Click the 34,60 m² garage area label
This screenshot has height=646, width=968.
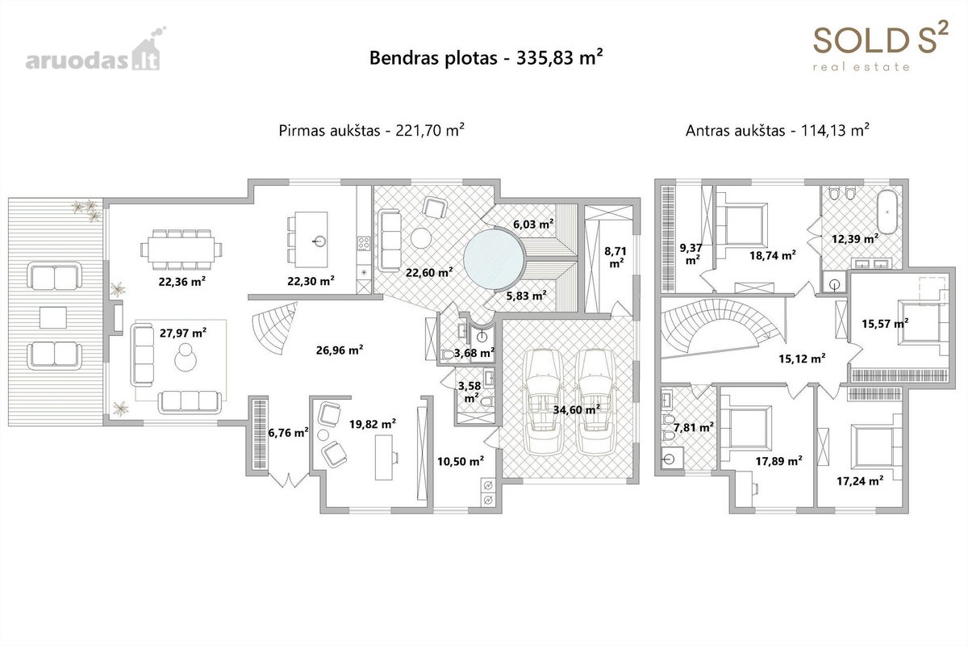click(577, 409)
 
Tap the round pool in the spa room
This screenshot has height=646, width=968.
click(494, 259)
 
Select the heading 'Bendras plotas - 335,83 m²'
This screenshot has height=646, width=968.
click(486, 57)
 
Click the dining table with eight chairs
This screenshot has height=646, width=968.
click(181, 250)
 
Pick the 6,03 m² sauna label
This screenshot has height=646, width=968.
click(533, 224)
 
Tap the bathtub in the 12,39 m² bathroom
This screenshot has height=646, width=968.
click(887, 212)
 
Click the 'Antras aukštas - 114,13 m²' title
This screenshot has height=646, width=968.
click(778, 130)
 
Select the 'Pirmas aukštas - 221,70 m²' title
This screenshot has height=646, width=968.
click(372, 130)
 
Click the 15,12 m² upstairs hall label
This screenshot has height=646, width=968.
click(802, 359)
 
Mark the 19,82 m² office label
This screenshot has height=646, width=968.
click(373, 424)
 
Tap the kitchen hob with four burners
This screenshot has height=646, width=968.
click(364, 244)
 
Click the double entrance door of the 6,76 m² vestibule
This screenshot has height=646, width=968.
click(288, 480)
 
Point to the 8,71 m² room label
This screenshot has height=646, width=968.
click(615, 257)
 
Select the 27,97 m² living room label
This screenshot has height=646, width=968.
click(183, 333)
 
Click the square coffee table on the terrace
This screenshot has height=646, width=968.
click(53, 317)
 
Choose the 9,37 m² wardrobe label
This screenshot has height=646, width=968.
click(691, 254)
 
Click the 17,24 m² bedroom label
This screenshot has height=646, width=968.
click(860, 480)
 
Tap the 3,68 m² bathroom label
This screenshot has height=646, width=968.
click(474, 353)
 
